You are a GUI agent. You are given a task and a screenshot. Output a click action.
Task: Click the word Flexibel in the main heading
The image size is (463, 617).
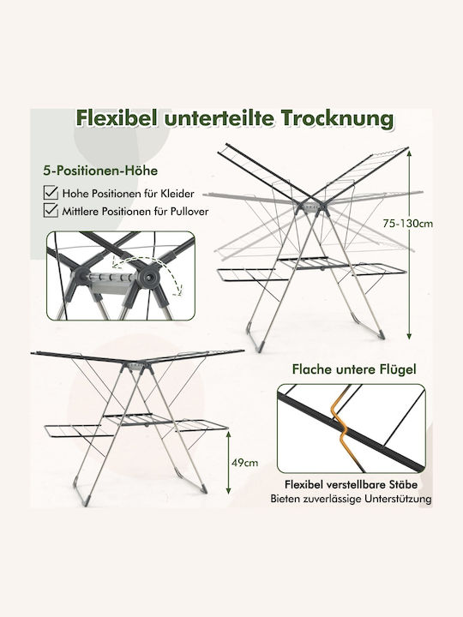click(x=117, y=118)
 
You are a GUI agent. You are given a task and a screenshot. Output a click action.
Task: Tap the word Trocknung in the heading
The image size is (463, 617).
click(x=338, y=118)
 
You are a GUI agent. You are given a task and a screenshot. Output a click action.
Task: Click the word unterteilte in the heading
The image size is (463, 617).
click(x=219, y=118)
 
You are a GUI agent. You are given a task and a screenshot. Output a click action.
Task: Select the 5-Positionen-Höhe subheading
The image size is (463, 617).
click(x=100, y=171)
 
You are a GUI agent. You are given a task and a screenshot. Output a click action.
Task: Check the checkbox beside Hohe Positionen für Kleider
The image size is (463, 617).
click(x=51, y=193)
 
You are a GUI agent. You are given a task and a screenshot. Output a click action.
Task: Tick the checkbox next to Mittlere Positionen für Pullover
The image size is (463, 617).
click(x=51, y=210)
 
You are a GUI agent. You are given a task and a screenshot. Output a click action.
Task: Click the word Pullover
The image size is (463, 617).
click(x=189, y=212)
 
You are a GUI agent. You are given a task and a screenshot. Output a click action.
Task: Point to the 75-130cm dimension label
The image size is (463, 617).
click(x=407, y=224)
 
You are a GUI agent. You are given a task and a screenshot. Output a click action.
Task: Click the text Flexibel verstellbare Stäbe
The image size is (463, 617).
click(x=352, y=484)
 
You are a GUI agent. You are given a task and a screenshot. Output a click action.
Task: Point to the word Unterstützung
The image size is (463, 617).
click(x=398, y=499)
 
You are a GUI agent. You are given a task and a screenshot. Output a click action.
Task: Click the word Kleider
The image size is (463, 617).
click(x=177, y=194)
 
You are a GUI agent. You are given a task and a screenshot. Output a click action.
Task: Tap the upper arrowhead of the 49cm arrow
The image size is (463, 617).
click(x=228, y=434)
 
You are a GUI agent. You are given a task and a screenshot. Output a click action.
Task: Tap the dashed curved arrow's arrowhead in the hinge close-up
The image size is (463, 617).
click(x=180, y=291)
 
